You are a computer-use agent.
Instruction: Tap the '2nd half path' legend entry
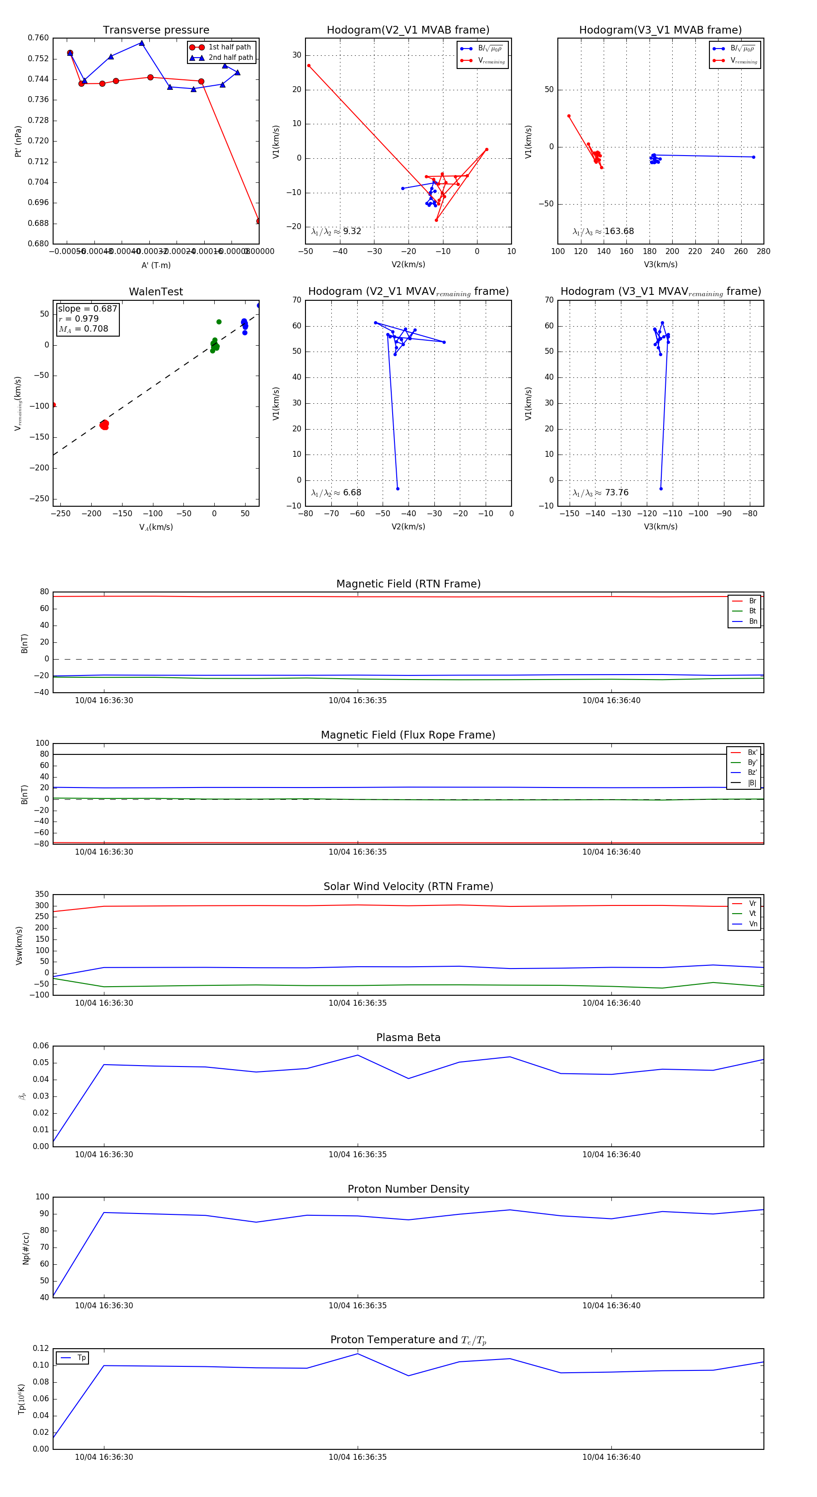[230, 58]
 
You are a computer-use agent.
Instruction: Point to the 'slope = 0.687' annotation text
[87, 308]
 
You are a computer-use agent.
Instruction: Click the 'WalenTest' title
[156, 292]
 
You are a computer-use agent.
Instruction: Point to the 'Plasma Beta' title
[408, 1037]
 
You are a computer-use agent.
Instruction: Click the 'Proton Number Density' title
[408, 1189]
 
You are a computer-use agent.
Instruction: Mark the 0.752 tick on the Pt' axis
[39, 59]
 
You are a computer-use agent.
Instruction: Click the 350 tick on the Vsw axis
[42, 895]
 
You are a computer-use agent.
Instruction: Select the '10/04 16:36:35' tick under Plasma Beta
[357, 1154]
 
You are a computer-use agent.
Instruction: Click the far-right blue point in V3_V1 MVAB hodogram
[753, 157]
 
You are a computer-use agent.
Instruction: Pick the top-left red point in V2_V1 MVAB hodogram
[309, 66]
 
